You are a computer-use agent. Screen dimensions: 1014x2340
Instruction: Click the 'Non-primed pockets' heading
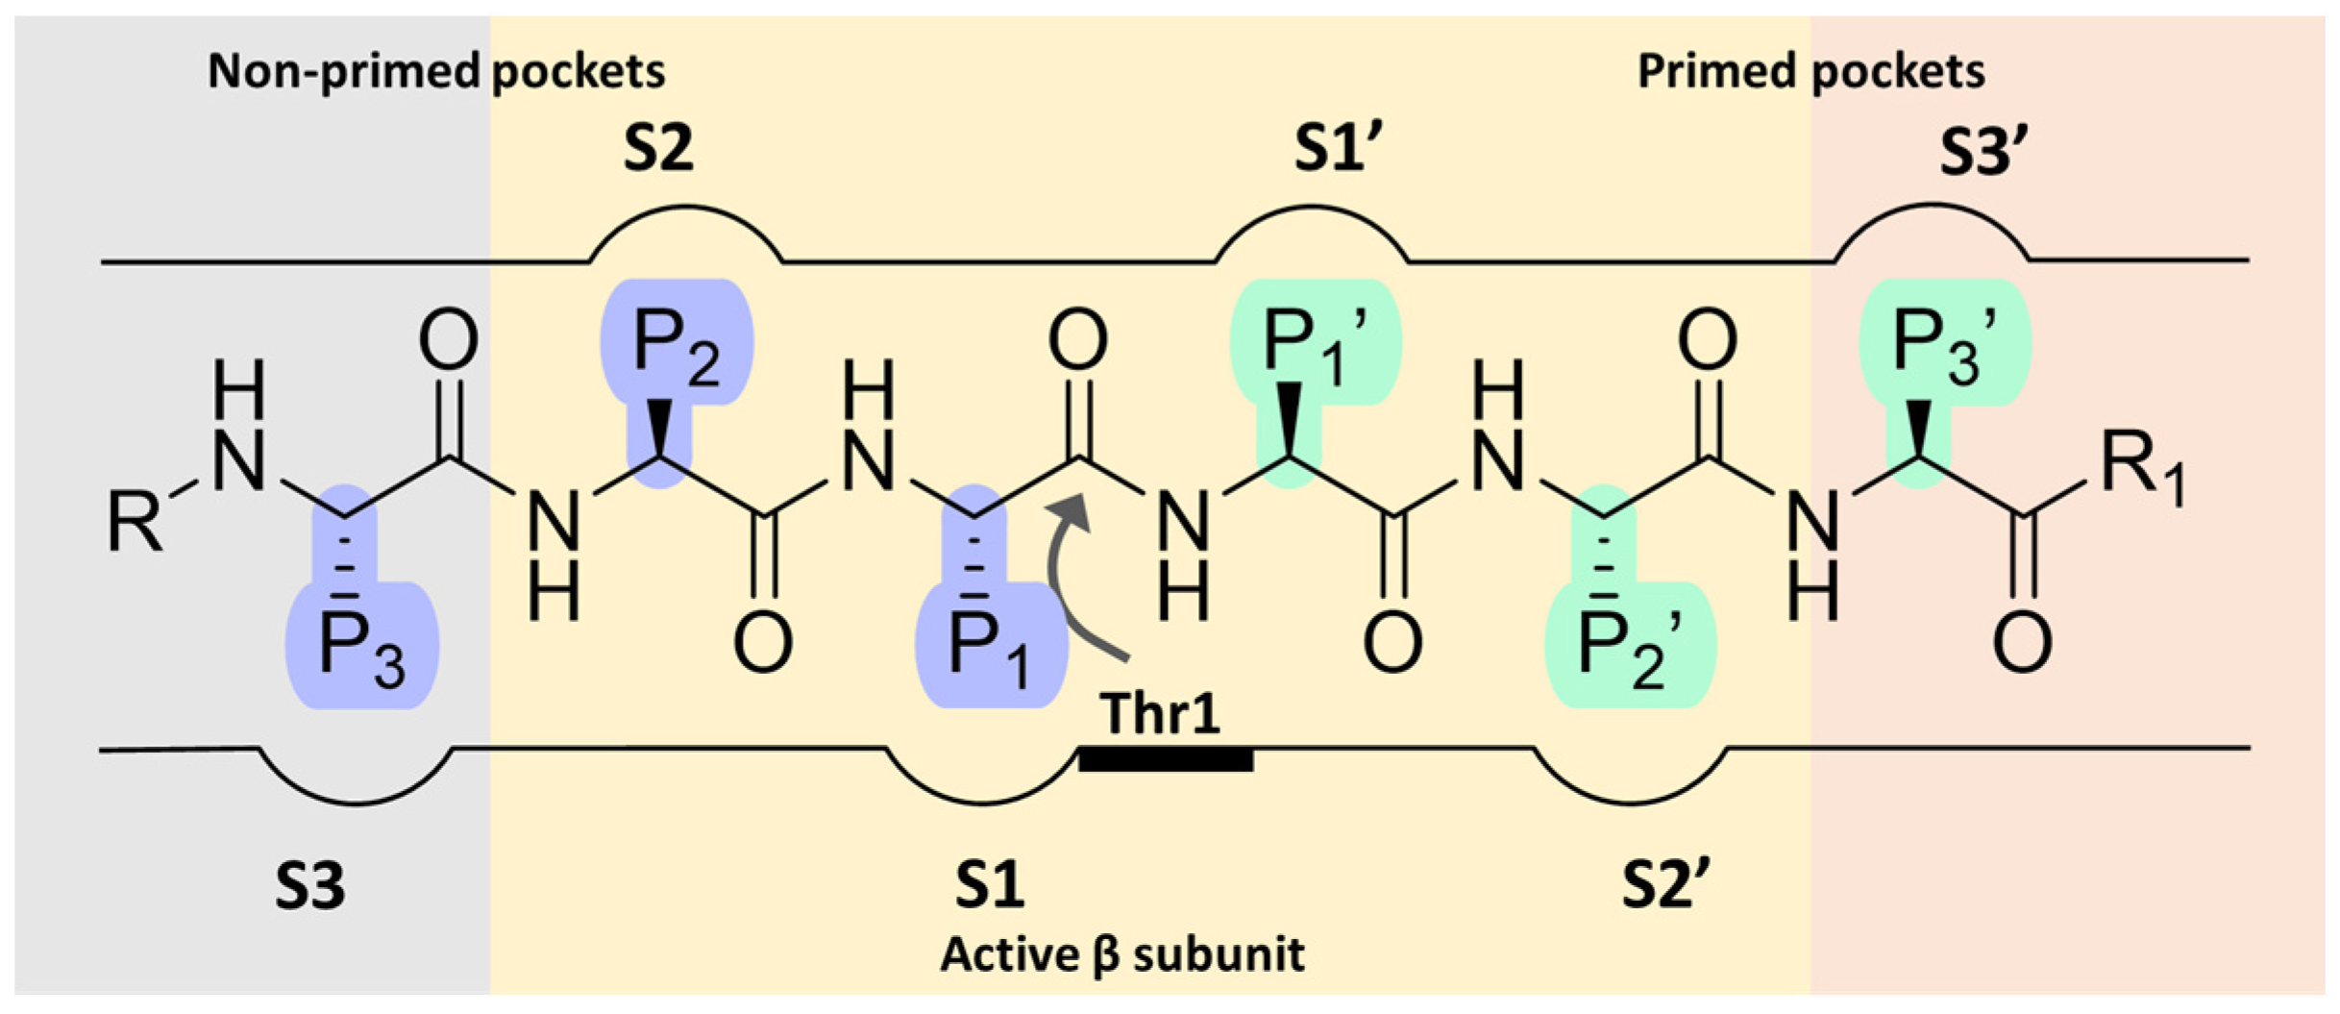436,71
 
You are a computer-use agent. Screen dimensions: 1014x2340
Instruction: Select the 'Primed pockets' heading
1810,71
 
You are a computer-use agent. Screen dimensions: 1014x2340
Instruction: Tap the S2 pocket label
658,149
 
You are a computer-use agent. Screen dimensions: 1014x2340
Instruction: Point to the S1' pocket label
1338,149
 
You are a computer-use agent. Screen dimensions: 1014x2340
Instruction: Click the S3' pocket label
1983,152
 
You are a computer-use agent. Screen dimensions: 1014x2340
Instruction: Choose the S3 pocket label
309,886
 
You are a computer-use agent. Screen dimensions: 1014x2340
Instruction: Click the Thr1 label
1160,713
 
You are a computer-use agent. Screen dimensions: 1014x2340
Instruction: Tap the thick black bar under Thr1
1165,760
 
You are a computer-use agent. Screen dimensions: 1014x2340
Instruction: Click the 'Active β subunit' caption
1121,954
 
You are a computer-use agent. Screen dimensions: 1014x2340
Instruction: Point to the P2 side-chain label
676,346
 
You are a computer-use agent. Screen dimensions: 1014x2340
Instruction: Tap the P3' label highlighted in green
1944,344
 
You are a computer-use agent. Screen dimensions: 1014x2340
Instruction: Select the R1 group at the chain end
2141,469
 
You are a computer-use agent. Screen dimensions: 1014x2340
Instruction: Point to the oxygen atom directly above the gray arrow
1077,339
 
